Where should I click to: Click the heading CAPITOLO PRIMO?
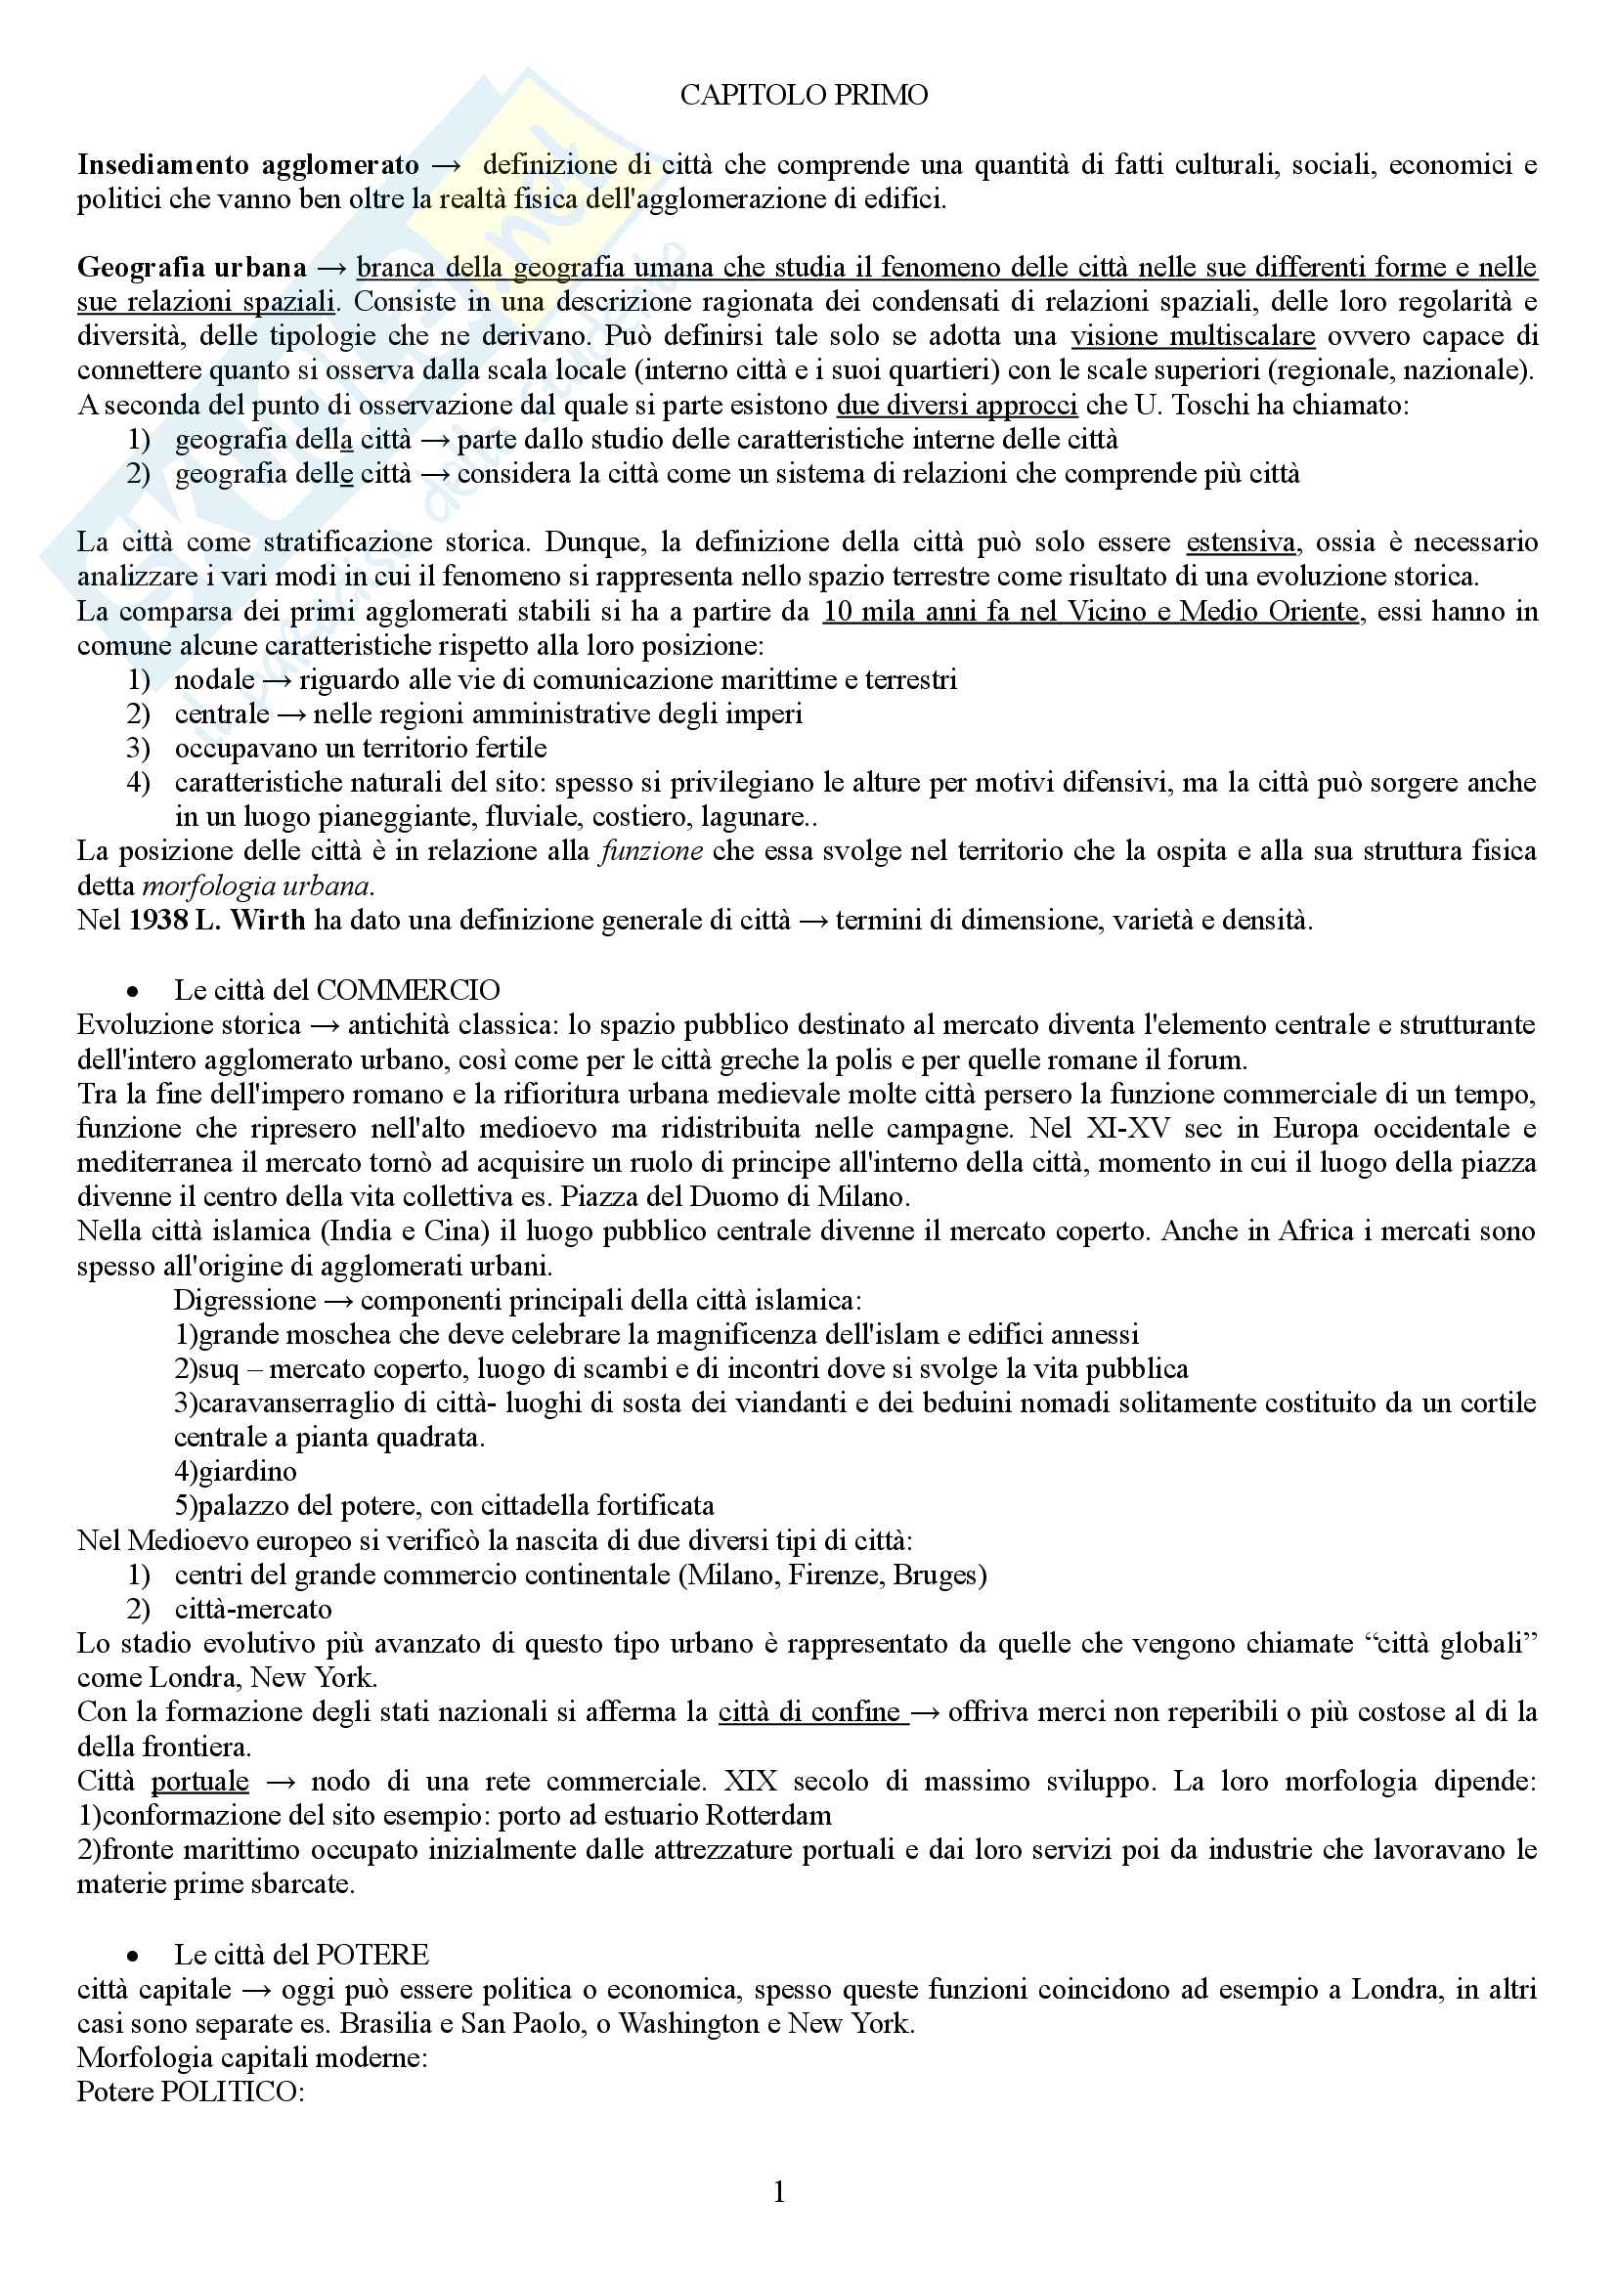804,96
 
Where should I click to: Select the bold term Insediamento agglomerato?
248,164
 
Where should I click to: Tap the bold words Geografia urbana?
192,268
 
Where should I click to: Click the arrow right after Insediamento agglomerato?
446,165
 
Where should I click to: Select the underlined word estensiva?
1240,542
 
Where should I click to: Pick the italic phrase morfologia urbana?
258,886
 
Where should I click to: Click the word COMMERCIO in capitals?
408,991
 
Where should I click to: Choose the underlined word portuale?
199,1782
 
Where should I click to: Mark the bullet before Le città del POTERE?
132,1956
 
